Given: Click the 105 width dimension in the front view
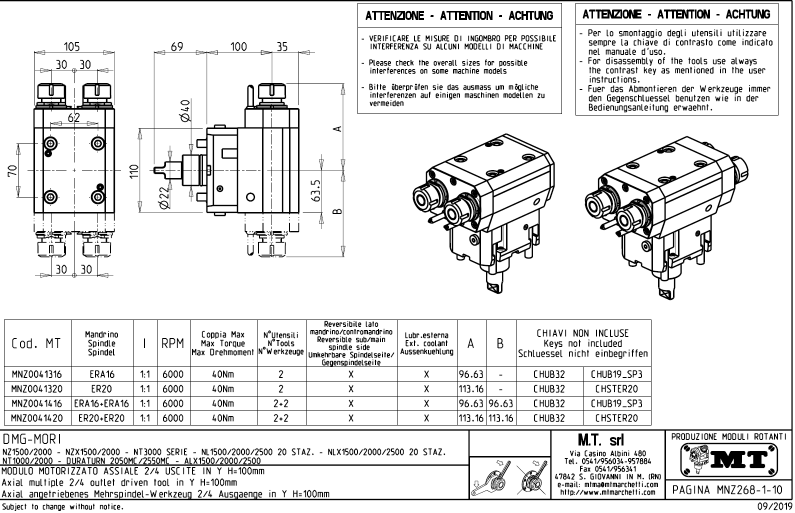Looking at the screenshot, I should point(72,46).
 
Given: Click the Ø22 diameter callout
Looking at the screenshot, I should point(163,198).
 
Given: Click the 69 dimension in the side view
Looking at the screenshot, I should point(176,46).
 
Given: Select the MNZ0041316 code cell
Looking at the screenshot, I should point(37,374).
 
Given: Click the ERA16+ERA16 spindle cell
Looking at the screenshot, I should point(101,403).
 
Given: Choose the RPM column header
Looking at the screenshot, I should point(172,343).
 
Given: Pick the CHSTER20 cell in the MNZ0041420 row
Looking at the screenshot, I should point(616,418).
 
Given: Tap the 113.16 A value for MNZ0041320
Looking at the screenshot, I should point(471,389).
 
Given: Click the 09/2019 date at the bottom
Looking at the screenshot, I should point(772,507).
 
